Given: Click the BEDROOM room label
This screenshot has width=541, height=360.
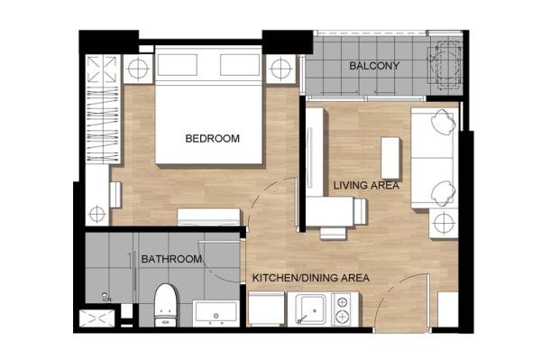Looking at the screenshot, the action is pyautogui.click(x=212, y=138).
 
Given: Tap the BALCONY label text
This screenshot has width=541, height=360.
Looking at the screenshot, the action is pyautogui.click(x=374, y=66).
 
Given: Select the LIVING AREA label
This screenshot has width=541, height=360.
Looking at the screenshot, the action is pyautogui.click(x=366, y=185).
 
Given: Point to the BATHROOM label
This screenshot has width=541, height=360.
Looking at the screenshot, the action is pyautogui.click(x=171, y=259).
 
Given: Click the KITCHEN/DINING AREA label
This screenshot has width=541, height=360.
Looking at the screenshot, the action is pyautogui.click(x=311, y=278).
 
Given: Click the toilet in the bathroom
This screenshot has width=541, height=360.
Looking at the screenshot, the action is pyautogui.click(x=166, y=305).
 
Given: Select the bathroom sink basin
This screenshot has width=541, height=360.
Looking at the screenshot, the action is pyautogui.click(x=216, y=313).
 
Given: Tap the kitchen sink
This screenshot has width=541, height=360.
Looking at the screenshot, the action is pyautogui.click(x=311, y=309).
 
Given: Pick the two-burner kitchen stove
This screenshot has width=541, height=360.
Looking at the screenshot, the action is pyautogui.click(x=342, y=309).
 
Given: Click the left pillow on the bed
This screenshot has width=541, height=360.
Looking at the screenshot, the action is pyautogui.click(x=178, y=65).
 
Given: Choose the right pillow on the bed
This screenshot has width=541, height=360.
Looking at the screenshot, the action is pyautogui.click(x=240, y=65).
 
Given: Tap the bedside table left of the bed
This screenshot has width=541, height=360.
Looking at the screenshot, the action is pyautogui.click(x=138, y=69).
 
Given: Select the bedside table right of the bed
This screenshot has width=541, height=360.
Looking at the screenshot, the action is pyautogui.click(x=280, y=69).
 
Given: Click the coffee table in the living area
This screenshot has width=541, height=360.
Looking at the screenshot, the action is pyautogui.click(x=390, y=158).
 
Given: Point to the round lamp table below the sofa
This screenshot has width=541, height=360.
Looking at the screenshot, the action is pyautogui.click(x=444, y=223).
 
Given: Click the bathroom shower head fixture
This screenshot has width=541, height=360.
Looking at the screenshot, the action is pyautogui.click(x=105, y=297).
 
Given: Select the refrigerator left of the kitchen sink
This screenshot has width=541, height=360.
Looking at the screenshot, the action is pyautogui.click(x=266, y=309).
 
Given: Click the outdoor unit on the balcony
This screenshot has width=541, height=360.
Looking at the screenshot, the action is pyautogui.click(x=445, y=66).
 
